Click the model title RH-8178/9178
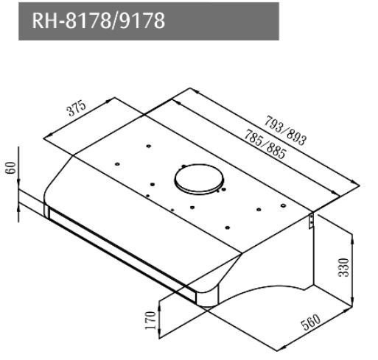click(98, 21)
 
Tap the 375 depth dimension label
click(77, 108)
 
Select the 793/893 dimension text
click(285, 130)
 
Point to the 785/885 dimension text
click(265, 144)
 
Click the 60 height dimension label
click(11, 168)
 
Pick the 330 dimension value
click(343, 268)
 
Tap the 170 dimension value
click(150, 320)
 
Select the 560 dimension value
click(311, 322)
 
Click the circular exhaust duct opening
click(199, 179)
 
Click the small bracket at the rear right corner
click(311, 221)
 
